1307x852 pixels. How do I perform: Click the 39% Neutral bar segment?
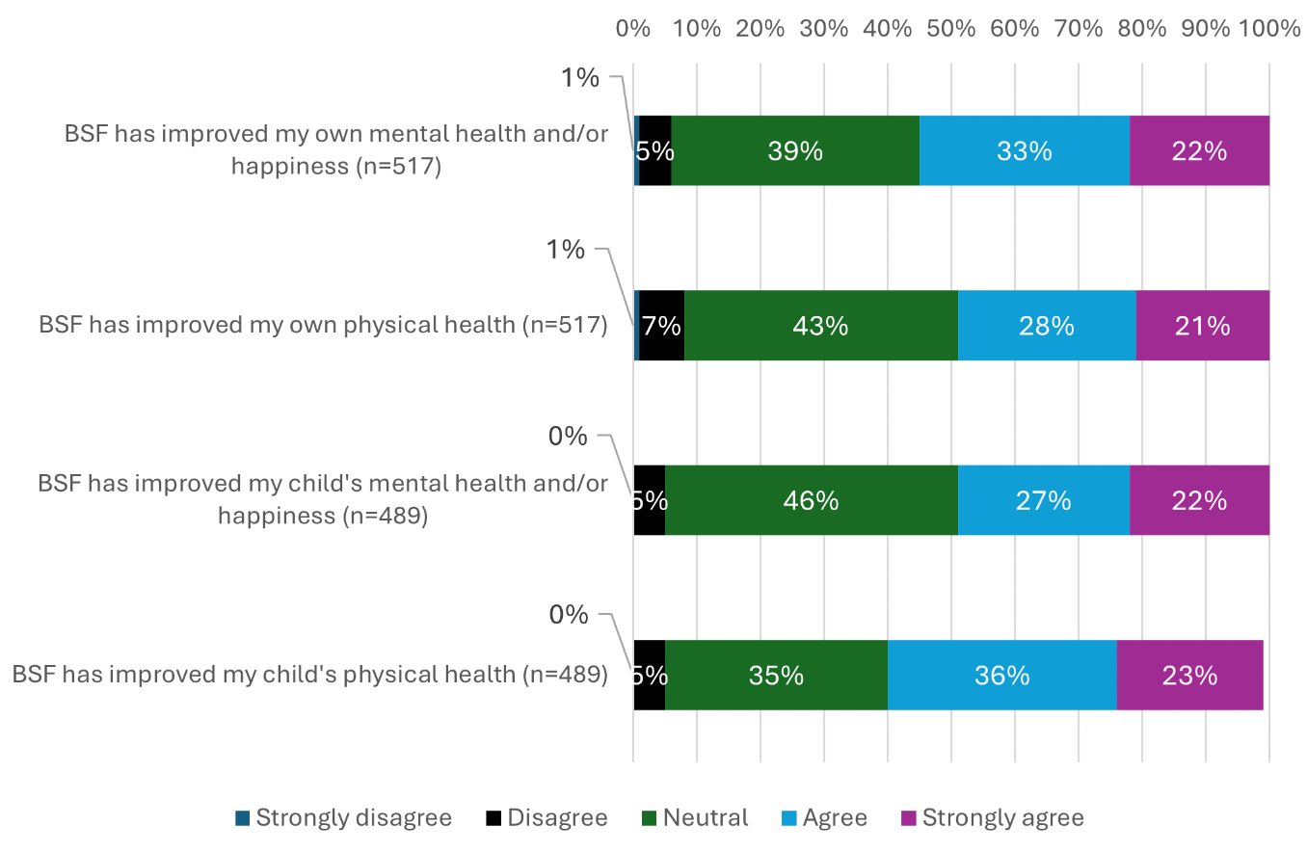point(794,150)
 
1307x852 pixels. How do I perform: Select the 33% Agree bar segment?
point(1024,150)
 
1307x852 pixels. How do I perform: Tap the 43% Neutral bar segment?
point(820,326)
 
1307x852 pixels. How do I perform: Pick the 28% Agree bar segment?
point(1047,326)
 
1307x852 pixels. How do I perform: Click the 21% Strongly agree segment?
point(1202,326)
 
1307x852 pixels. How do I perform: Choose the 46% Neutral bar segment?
point(811,500)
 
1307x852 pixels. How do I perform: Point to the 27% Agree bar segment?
point(1043,500)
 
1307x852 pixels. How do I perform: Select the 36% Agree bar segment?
point(1001,675)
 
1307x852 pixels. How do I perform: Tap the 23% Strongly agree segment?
point(1189,675)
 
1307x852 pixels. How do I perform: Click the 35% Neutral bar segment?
point(776,675)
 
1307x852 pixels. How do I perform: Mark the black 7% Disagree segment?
point(661,326)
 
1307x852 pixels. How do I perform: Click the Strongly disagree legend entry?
point(343,818)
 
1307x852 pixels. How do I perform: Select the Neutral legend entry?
point(695,818)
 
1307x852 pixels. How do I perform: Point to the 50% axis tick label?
point(950,29)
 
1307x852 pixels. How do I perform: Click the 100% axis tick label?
point(1269,29)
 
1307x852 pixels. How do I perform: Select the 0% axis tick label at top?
point(633,29)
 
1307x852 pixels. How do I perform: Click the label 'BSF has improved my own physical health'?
point(323,326)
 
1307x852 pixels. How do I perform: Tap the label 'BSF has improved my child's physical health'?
point(309,675)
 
